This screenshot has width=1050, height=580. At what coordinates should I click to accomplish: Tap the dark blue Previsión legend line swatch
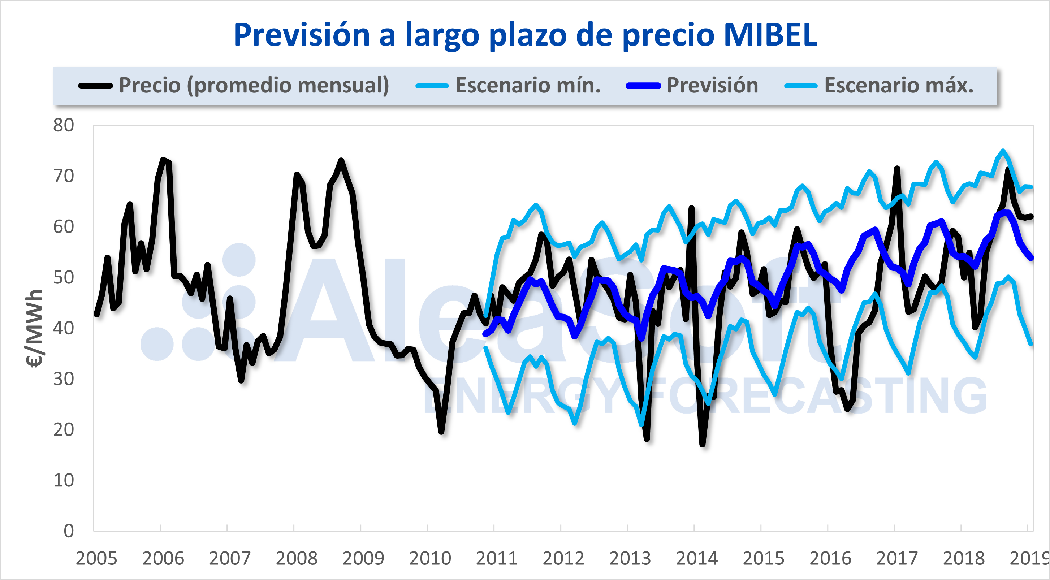643,86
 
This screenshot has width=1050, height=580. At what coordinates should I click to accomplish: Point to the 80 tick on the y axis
64,126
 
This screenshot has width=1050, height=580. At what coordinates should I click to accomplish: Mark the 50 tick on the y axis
64,278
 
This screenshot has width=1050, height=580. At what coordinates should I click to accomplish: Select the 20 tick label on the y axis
64,430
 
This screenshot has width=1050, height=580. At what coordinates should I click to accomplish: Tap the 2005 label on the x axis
96,558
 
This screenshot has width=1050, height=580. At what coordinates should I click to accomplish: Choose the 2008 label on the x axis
296,558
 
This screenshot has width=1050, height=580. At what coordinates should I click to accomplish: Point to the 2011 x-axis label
497,558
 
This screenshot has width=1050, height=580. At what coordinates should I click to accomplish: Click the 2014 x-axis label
697,558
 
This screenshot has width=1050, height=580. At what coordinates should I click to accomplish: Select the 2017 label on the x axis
897,558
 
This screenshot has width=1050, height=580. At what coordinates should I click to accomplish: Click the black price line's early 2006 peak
163,159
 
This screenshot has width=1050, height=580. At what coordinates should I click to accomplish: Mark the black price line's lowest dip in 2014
702,444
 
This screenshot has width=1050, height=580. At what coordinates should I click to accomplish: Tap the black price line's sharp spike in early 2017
897,168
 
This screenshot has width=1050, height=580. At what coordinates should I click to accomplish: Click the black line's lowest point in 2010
441,431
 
